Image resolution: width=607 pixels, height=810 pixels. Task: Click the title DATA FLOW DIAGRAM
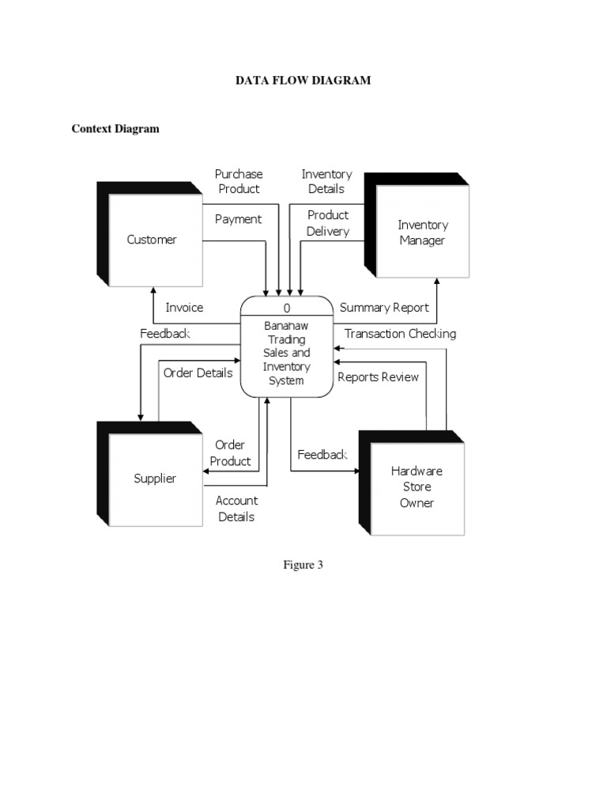click(x=303, y=81)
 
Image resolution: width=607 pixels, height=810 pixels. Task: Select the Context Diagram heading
click(x=115, y=129)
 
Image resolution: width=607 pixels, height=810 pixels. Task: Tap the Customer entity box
click(x=152, y=240)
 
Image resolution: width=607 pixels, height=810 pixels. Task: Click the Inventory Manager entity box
click(x=422, y=233)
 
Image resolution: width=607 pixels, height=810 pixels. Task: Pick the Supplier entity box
click(x=155, y=479)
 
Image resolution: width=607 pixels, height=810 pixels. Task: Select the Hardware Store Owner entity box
click(x=417, y=486)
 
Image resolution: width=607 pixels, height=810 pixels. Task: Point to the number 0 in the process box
click(x=286, y=308)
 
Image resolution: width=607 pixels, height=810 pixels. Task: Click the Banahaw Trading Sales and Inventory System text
click(x=286, y=353)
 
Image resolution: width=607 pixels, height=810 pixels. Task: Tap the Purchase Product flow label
click(x=239, y=181)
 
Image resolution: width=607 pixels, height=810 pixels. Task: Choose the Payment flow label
click(x=238, y=219)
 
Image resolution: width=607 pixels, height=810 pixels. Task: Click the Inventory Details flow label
click(x=326, y=181)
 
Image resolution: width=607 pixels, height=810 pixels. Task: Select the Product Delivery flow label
click(x=328, y=223)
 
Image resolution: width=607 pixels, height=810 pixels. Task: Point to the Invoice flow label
click(x=184, y=308)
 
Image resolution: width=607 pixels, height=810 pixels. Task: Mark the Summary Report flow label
click(x=384, y=308)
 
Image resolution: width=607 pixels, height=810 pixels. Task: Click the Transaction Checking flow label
click(x=400, y=334)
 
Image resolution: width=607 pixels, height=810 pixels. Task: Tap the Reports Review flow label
click(x=378, y=377)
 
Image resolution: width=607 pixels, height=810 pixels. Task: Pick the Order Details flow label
click(x=198, y=373)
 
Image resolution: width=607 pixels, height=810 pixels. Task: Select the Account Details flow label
click(x=236, y=509)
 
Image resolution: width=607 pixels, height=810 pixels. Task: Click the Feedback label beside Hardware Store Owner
click(x=322, y=455)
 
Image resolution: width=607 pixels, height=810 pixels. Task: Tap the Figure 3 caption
click(x=303, y=565)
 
